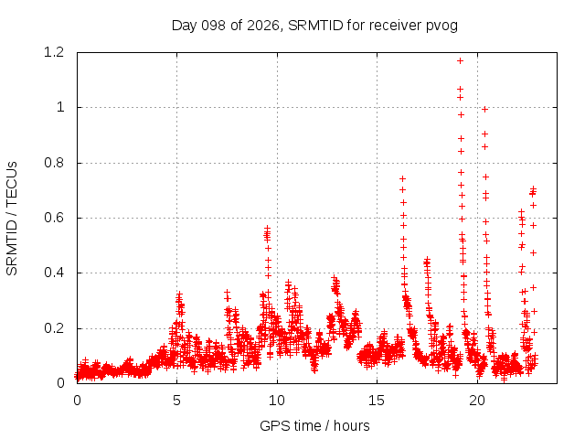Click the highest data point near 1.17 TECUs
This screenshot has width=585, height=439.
pyautogui.click(x=460, y=61)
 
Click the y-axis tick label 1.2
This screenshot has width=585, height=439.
pyautogui.click(x=54, y=52)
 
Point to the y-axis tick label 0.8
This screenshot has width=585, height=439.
pyautogui.click(x=54, y=163)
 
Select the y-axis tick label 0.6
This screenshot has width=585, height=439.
pyautogui.click(x=54, y=218)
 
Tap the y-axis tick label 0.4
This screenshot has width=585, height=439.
pyautogui.click(x=54, y=273)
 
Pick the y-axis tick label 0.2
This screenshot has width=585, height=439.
pyautogui.click(x=54, y=328)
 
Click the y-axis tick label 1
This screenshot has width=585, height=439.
pyautogui.click(x=60, y=108)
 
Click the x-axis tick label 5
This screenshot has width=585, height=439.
pyautogui.click(x=176, y=401)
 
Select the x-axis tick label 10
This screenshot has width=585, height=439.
pyautogui.click(x=276, y=401)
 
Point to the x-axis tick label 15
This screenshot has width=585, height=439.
pyautogui.click(x=377, y=401)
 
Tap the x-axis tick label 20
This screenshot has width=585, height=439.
pyautogui.click(x=477, y=401)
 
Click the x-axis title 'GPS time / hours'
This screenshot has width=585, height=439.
pyautogui.click(x=314, y=426)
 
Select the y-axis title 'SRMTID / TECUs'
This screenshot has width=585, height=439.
pyautogui.click(x=12, y=219)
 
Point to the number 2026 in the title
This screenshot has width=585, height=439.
pyautogui.click(x=263, y=26)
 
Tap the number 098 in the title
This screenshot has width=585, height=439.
pyautogui.click(x=213, y=26)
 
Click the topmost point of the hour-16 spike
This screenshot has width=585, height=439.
pyautogui.click(x=402, y=179)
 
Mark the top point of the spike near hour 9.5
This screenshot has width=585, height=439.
pyautogui.click(x=267, y=228)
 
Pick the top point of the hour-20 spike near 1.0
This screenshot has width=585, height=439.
pyautogui.click(x=484, y=110)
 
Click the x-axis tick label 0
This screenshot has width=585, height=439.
pyautogui.click(x=77, y=401)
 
